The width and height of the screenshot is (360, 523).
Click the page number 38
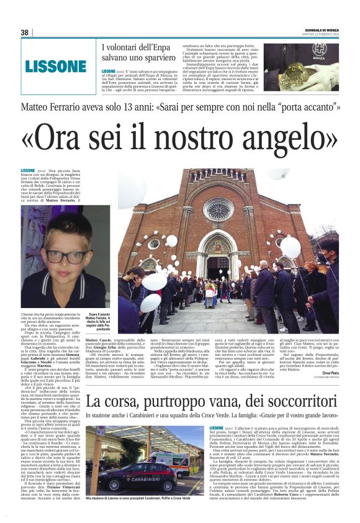[25, 32]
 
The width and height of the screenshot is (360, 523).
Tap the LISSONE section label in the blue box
[55, 65]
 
